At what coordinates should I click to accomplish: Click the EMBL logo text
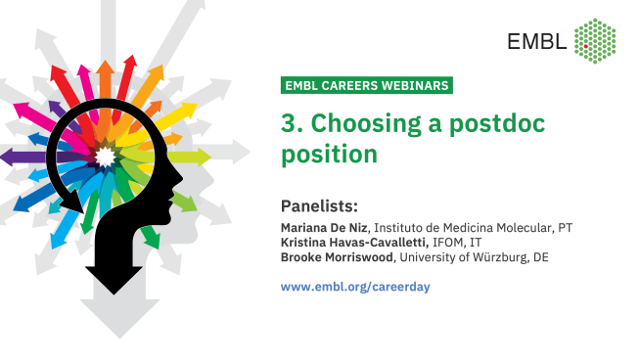pos(536,40)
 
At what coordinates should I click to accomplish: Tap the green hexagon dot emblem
pos(594,38)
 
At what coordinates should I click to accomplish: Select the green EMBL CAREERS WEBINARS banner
pos(366,85)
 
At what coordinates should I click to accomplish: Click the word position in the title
pos(328,155)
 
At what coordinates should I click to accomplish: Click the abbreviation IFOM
pos(442,243)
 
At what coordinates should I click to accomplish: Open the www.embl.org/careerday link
pos(355,287)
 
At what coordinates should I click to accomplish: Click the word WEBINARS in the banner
pos(409,85)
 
